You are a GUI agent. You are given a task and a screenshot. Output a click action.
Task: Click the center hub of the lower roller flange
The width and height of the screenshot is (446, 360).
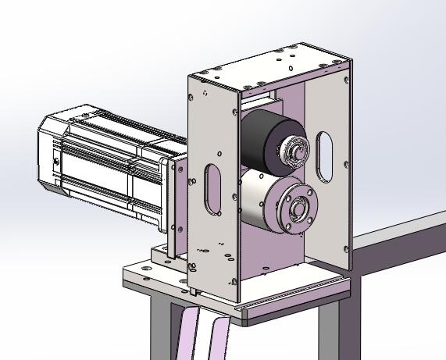(x=298, y=209)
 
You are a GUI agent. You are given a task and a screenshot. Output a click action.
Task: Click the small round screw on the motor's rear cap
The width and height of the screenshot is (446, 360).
(x=56, y=162)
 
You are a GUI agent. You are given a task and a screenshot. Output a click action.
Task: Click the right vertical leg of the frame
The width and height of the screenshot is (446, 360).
(x=328, y=328)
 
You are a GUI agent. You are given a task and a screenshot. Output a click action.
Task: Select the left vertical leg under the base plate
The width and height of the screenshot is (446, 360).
(x=160, y=328)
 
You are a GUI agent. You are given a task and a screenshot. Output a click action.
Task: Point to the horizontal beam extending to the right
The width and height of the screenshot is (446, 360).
(x=398, y=238)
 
